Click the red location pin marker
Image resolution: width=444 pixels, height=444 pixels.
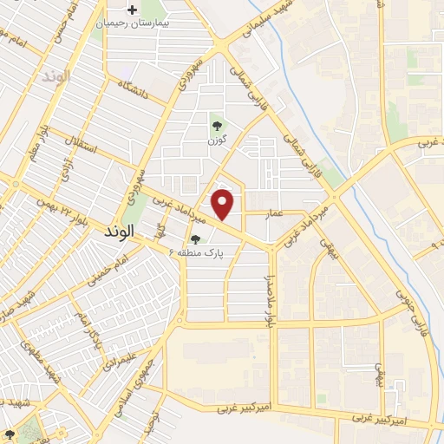pyautogui.click(x=224, y=204)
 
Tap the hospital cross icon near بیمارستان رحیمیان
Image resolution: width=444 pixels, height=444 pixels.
pyautogui.click(x=132, y=10)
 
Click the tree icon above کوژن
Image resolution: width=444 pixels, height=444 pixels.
pyautogui.click(x=216, y=126)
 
